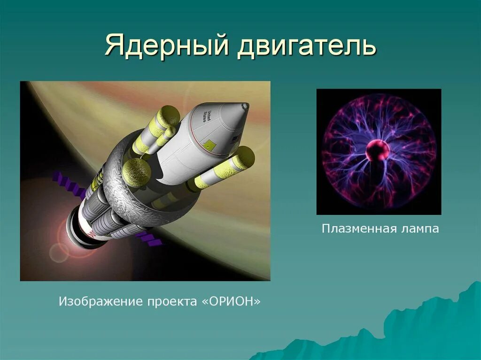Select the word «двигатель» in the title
point(307,47)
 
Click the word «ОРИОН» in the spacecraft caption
point(231,301)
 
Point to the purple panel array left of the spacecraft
point(69,184)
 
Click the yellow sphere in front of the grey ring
point(137,173)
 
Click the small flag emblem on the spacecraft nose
point(235,139)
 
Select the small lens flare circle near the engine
point(59,253)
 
